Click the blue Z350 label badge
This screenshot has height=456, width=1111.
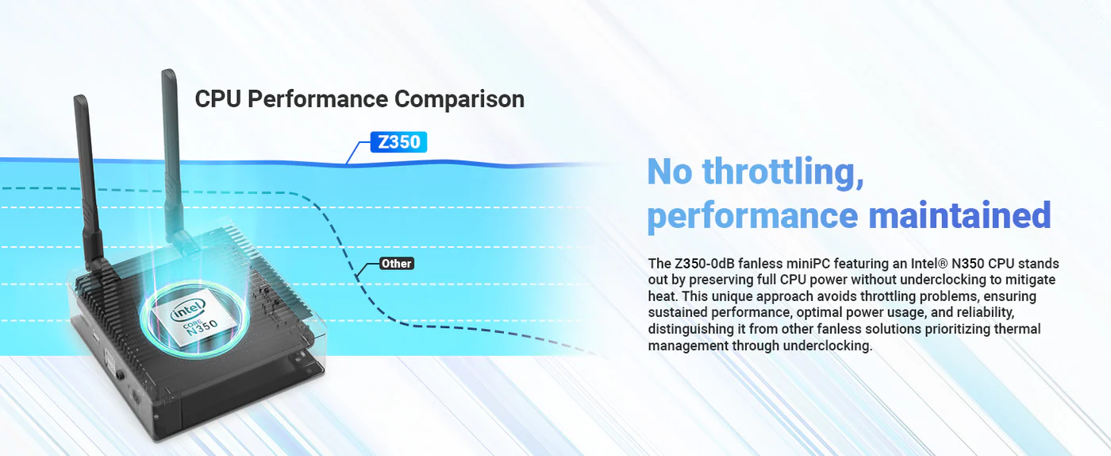pos(398,142)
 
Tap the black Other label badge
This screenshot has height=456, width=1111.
pos(396,263)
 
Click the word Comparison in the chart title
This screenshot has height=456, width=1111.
pos(459,99)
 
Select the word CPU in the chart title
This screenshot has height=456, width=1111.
pos(218,99)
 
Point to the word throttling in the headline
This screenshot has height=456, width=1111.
pos(783,172)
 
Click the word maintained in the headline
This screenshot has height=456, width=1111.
pos(959,214)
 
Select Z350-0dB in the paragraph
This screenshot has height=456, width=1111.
pos(705,263)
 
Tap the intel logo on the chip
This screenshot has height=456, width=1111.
pos(187,310)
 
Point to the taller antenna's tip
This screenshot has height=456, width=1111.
pos(169,71)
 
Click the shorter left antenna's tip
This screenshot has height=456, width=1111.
pos(79,96)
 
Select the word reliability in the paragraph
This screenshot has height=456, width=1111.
pos(985,312)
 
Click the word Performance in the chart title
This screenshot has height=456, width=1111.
pos(318,99)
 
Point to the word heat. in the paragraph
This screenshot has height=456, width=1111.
pos(663,296)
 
